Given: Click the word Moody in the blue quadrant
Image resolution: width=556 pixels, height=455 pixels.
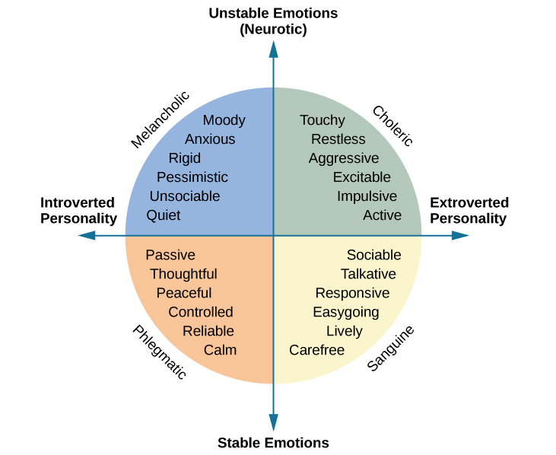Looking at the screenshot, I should click(224, 120).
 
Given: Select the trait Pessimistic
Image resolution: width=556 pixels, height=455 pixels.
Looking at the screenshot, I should click(192, 177).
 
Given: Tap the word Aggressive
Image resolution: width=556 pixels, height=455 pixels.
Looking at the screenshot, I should click(344, 158).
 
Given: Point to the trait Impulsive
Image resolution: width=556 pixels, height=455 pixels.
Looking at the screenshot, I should click(367, 196).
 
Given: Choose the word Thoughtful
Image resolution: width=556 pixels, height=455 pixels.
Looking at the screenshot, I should click(183, 274).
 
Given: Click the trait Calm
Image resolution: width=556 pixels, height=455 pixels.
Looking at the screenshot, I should click(220, 350).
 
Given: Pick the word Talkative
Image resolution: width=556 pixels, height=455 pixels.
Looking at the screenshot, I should click(368, 274).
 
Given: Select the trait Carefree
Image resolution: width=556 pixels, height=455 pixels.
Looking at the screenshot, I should click(316, 350).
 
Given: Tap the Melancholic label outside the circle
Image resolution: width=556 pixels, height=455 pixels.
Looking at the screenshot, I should click(160, 119).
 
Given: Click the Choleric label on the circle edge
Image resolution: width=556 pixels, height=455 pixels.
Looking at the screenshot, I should click(392, 126).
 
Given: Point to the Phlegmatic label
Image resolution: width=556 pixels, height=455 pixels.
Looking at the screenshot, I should click(159, 352).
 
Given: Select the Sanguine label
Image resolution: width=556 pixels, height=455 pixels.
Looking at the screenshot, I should click(390, 348).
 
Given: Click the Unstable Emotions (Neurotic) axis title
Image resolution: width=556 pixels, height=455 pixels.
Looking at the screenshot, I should click(273, 21).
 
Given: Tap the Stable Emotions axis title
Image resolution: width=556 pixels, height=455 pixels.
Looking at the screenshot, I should click(273, 443).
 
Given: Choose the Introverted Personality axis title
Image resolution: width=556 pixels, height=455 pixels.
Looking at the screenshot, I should click(78, 211).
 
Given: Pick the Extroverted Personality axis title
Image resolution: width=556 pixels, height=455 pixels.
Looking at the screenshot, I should click(469, 211).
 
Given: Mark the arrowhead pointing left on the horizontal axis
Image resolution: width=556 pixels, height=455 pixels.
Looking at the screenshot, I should click(86, 236).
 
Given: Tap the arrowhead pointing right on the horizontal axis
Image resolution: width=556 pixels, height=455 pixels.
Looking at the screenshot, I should click(460, 236).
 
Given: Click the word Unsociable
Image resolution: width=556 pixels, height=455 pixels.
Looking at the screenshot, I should click(185, 196).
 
